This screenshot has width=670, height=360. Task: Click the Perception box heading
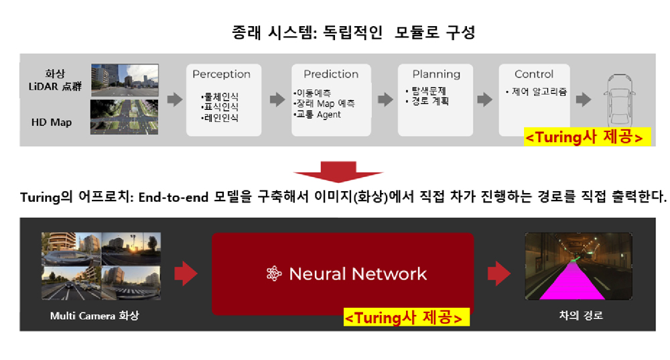(x=221, y=74)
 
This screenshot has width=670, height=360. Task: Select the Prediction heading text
(x=331, y=74)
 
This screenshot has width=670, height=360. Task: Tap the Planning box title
(x=436, y=74)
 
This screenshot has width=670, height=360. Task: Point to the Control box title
(x=534, y=74)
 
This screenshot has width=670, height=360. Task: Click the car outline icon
(x=619, y=101)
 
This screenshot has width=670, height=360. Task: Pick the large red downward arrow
(x=338, y=172)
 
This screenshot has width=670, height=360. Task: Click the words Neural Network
(x=358, y=274)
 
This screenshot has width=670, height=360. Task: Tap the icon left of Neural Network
(x=274, y=274)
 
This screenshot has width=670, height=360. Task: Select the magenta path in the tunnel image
(x=573, y=282)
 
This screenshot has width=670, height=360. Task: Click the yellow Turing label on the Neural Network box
(x=407, y=317)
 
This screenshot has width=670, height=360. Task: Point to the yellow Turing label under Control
(x=587, y=137)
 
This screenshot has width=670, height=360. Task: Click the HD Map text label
(x=52, y=122)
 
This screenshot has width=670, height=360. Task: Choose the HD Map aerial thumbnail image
(x=125, y=117)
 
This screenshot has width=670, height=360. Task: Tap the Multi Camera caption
(x=94, y=316)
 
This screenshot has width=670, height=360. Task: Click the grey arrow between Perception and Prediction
(x=277, y=100)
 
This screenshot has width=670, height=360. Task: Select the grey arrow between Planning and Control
(x=484, y=100)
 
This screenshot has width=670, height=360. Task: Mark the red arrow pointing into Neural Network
(x=186, y=274)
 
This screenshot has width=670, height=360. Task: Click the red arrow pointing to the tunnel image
(x=499, y=274)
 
